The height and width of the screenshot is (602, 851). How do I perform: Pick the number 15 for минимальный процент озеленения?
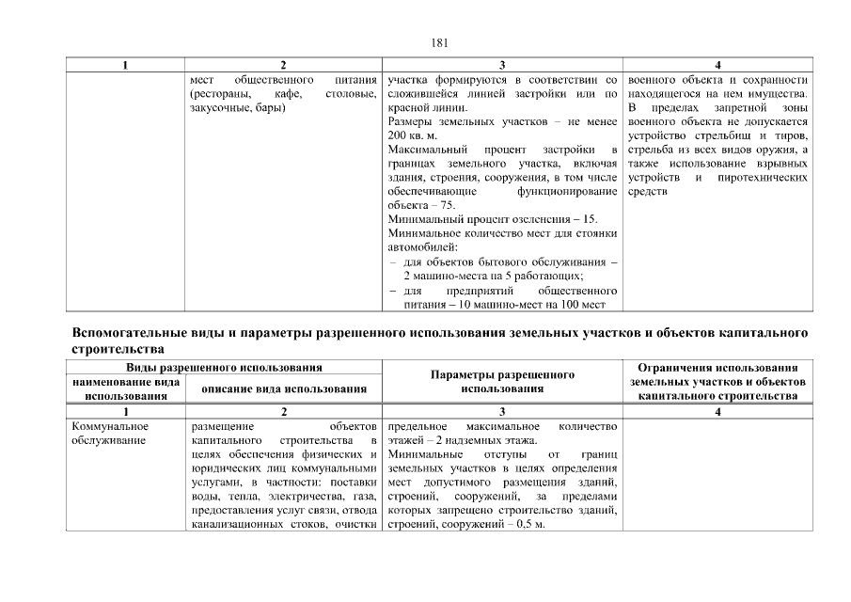(x=591, y=219)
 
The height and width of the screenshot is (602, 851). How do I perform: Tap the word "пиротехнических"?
(x=763, y=178)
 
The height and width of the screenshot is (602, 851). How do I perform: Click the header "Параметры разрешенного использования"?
(x=502, y=381)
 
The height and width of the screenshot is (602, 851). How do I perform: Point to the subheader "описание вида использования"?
(x=284, y=389)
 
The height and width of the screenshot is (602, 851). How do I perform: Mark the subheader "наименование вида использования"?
(x=125, y=388)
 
